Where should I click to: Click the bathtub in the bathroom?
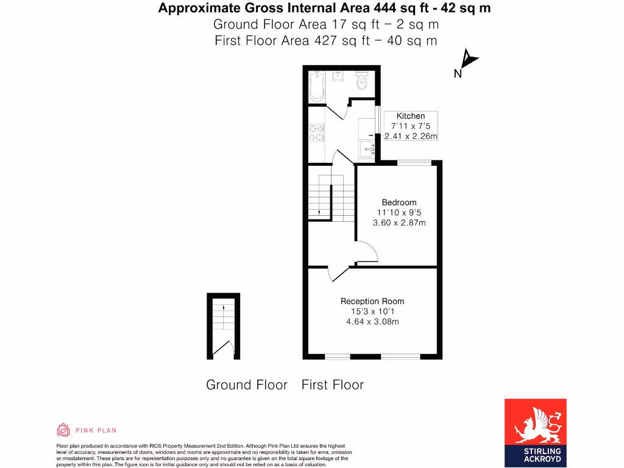(316, 87)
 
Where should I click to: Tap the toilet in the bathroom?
(362, 82)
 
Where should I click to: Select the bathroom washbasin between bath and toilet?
(338, 77)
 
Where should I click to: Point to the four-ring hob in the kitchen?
(316, 133)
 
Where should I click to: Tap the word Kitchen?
(411, 116)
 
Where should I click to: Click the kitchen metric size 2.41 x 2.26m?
(411, 136)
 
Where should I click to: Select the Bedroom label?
(399, 202)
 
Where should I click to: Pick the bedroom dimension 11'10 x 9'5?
(399, 213)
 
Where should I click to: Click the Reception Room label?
(372, 301)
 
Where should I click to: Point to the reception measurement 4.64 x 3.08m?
(372, 322)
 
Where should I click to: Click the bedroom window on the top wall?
(414, 162)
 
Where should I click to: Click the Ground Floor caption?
(246, 385)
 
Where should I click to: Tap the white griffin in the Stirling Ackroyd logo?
(535, 427)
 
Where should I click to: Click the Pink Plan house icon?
(63, 430)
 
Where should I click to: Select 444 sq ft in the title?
(325, 8)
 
